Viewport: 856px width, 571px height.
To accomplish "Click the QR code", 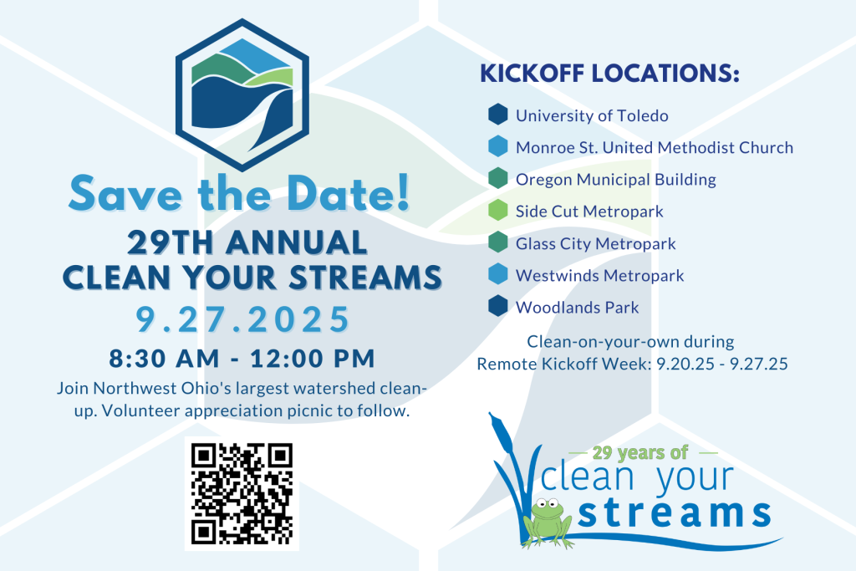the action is click(242, 493).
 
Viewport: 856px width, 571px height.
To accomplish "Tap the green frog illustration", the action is click(548, 523).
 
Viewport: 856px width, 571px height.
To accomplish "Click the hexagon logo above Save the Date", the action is click(242, 95).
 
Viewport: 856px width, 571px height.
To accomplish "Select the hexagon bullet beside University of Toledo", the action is click(498, 115).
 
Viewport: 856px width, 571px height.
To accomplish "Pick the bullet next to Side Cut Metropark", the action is click(498, 210).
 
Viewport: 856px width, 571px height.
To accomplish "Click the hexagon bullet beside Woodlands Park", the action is click(498, 306).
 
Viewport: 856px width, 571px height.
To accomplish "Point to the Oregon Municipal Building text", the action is click(616, 180).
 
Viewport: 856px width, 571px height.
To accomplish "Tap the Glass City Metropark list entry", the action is click(595, 243).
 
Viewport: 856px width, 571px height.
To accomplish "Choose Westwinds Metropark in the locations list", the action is click(599, 276).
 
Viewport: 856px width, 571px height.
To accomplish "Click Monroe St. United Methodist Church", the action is click(654, 147).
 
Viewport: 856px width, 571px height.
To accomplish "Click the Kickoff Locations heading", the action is click(609, 74).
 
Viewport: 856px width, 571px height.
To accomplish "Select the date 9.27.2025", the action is click(243, 319).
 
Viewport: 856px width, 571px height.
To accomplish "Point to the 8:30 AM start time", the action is click(164, 359).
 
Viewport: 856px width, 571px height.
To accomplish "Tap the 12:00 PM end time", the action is click(313, 359).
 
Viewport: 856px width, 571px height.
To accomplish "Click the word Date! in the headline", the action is click(349, 194).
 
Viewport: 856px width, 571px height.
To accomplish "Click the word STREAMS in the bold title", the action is click(365, 278).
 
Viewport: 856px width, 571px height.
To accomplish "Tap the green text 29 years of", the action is click(640, 452).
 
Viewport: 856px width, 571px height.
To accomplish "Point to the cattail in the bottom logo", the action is click(502, 431).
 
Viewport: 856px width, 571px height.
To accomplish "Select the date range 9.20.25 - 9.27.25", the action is click(721, 365).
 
